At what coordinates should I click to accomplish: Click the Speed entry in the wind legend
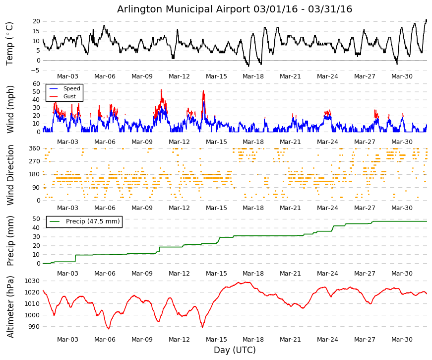click(71, 88)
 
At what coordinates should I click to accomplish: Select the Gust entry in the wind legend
click(69, 96)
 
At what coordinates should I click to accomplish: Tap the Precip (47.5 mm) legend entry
click(93, 221)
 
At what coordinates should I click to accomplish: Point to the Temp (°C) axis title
click(9, 44)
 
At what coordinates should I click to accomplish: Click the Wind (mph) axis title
click(10, 110)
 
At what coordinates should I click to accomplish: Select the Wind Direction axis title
click(10, 175)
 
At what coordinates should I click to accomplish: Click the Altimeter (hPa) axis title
click(10, 307)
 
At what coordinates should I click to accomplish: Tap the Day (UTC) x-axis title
click(235, 350)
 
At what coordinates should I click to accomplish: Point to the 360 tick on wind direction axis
click(34, 148)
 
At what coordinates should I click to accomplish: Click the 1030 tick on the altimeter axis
click(32, 281)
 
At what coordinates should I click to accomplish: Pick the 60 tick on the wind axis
click(36, 83)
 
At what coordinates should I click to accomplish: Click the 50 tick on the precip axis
click(36, 219)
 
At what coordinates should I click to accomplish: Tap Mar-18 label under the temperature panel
click(253, 76)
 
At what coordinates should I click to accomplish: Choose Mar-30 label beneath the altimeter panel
click(402, 340)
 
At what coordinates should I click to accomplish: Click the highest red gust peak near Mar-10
click(161, 90)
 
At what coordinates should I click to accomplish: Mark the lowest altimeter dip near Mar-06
click(109, 329)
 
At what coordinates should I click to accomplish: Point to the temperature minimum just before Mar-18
click(248, 66)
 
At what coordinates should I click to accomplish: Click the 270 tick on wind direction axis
click(34, 161)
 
